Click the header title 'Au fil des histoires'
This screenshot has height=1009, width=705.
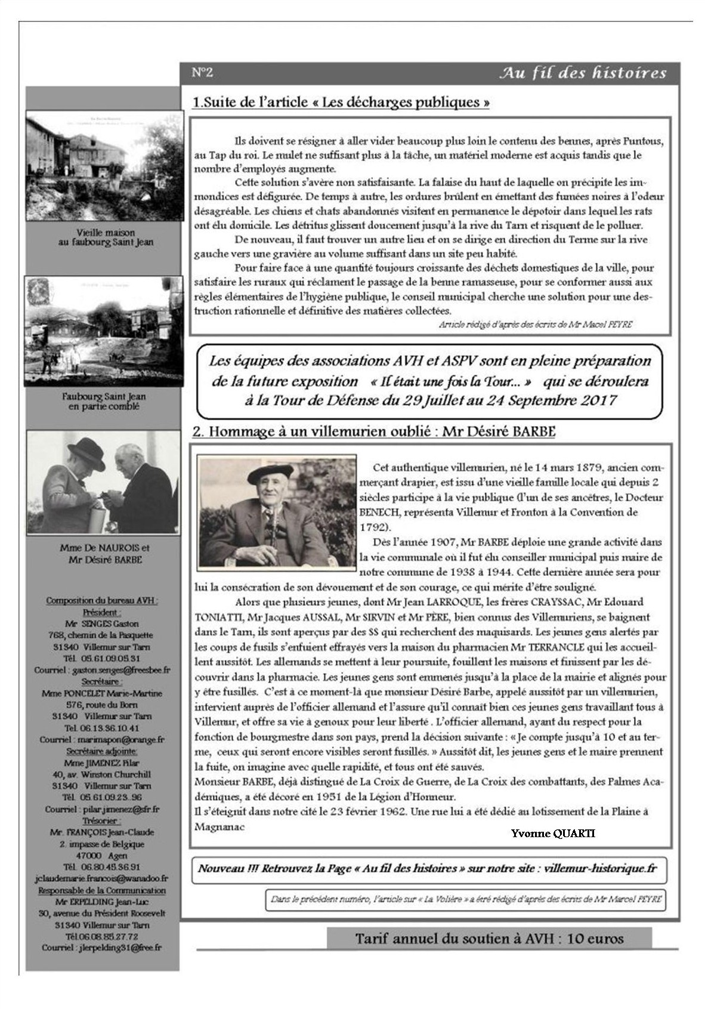(582, 73)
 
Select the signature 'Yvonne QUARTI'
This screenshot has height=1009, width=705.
(552, 833)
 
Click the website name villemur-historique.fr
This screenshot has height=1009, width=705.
(600, 868)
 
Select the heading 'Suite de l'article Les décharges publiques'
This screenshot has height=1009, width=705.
(341, 102)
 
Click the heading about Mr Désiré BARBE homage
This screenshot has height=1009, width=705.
(373, 431)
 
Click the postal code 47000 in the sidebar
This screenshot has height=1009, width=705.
(98, 855)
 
